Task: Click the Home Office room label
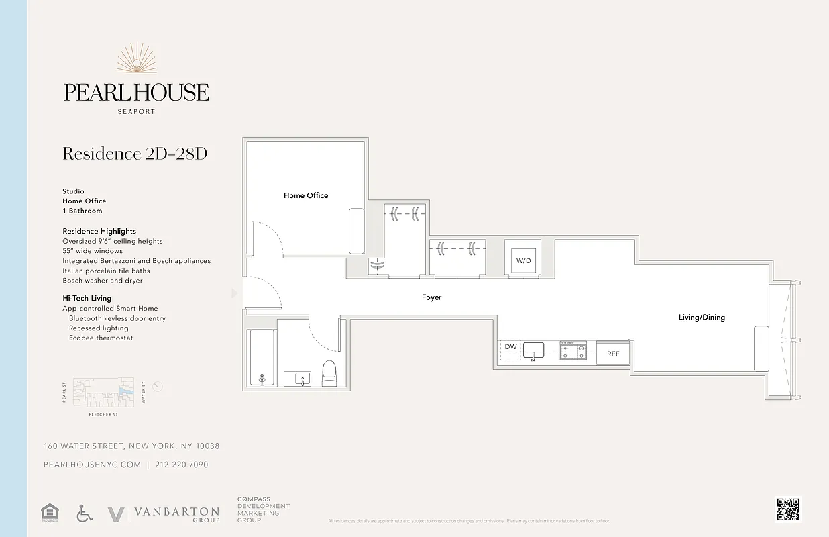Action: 306,195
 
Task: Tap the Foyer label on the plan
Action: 431,297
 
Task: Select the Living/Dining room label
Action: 702,318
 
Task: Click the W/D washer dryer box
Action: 522,260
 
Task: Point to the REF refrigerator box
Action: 613,354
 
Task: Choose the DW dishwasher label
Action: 510,347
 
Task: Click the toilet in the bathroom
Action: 329,373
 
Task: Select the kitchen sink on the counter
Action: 534,349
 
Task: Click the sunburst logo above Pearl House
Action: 137,58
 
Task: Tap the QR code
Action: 788,509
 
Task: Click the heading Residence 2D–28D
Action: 135,154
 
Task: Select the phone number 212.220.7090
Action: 181,465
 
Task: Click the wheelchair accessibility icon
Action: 85,514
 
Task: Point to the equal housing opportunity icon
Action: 49,514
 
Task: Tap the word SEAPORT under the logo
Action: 136,112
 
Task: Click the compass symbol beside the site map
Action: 158,386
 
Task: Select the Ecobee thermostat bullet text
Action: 101,338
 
